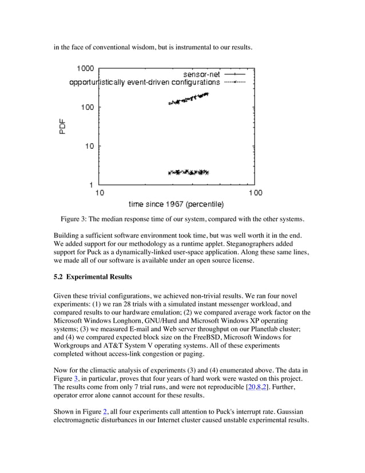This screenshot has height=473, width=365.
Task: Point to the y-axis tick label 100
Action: (x=87, y=107)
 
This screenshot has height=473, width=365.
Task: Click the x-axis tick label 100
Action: (x=255, y=193)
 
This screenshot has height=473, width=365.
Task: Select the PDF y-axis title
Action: (x=63, y=126)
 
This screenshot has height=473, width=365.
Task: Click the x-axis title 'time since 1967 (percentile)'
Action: (x=176, y=204)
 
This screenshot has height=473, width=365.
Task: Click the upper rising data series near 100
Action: (x=189, y=99)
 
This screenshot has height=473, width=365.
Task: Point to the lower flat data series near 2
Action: (x=189, y=172)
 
